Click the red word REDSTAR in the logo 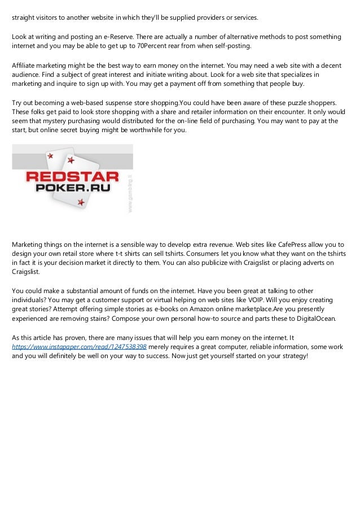point(72,177)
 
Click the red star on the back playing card point(50,155)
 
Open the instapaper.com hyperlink point(80,346)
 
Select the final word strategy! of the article point(293,355)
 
